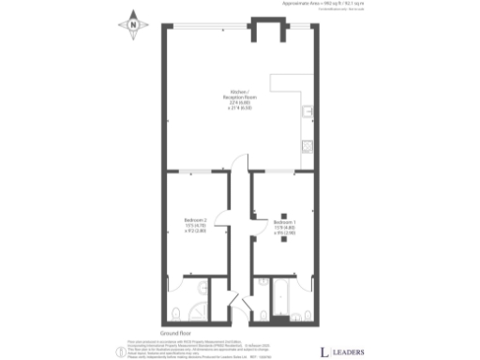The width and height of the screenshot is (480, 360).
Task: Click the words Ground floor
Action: point(175,333)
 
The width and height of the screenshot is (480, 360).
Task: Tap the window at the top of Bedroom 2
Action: point(192,172)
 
